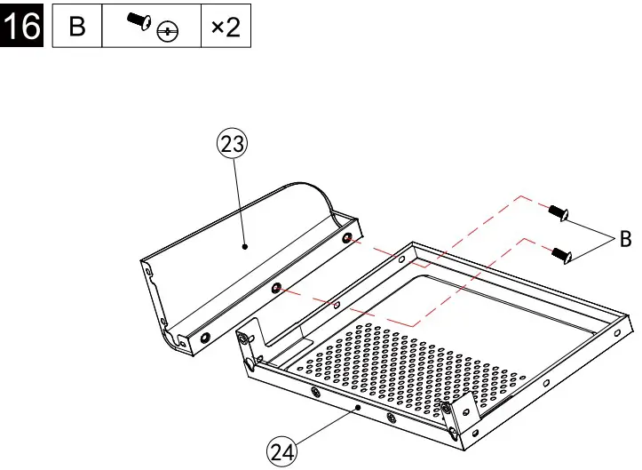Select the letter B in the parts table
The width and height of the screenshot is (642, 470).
[x=77, y=27]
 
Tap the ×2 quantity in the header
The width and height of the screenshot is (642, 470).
[x=226, y=27]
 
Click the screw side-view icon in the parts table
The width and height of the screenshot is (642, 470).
[x=139, y=21]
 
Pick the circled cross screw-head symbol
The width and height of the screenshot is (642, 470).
[x=165, y=32]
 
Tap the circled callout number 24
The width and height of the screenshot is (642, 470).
[x=282, y=451]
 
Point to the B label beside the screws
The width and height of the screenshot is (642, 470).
[x=625, y=238]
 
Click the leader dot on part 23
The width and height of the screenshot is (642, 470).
[x=246, y=248]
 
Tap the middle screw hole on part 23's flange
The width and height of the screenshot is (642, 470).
[x=277, y=288]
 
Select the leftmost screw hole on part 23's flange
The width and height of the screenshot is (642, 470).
[x=206, y=337]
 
